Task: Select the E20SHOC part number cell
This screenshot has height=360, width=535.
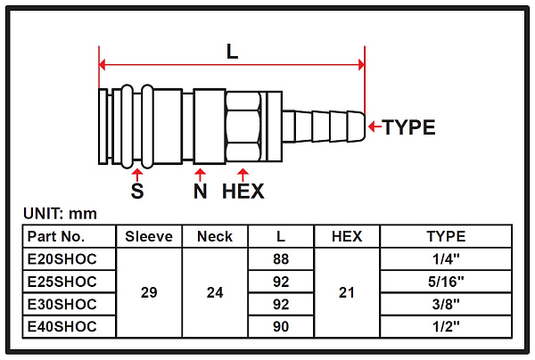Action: [x=62, y=259]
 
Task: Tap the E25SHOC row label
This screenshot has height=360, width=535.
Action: [x=62, y=282]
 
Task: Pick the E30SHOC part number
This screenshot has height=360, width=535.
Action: [x=62, y=304]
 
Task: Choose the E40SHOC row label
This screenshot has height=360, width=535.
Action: [x=62, y=326]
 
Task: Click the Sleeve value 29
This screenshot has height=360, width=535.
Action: [x=149, y=292]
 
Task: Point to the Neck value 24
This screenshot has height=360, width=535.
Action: [x=215, y=292]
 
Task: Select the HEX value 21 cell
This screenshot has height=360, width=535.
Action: [x=347, y=292]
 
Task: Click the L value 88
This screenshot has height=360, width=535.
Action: [x=281, y=259]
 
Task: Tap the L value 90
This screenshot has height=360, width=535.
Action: [x=281, y=326]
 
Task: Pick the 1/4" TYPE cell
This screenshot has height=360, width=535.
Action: [x=446, y=259]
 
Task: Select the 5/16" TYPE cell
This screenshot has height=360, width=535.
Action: [x=446, y=282]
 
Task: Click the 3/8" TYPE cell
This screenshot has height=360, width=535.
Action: [x=446, y=304]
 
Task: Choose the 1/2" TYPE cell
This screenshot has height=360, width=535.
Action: [x=446, y=326]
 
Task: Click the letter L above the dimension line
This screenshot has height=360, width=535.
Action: [x=233, y=52]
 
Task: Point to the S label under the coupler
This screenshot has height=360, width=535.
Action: [x=137, y=191]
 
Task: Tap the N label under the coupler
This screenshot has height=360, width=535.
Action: [x=201, y=191]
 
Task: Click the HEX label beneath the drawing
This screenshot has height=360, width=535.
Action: [x=243, y=191]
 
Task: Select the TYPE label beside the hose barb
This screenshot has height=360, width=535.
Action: [x=409, y=127]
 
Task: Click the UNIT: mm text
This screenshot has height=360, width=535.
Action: [x=59, y=214]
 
